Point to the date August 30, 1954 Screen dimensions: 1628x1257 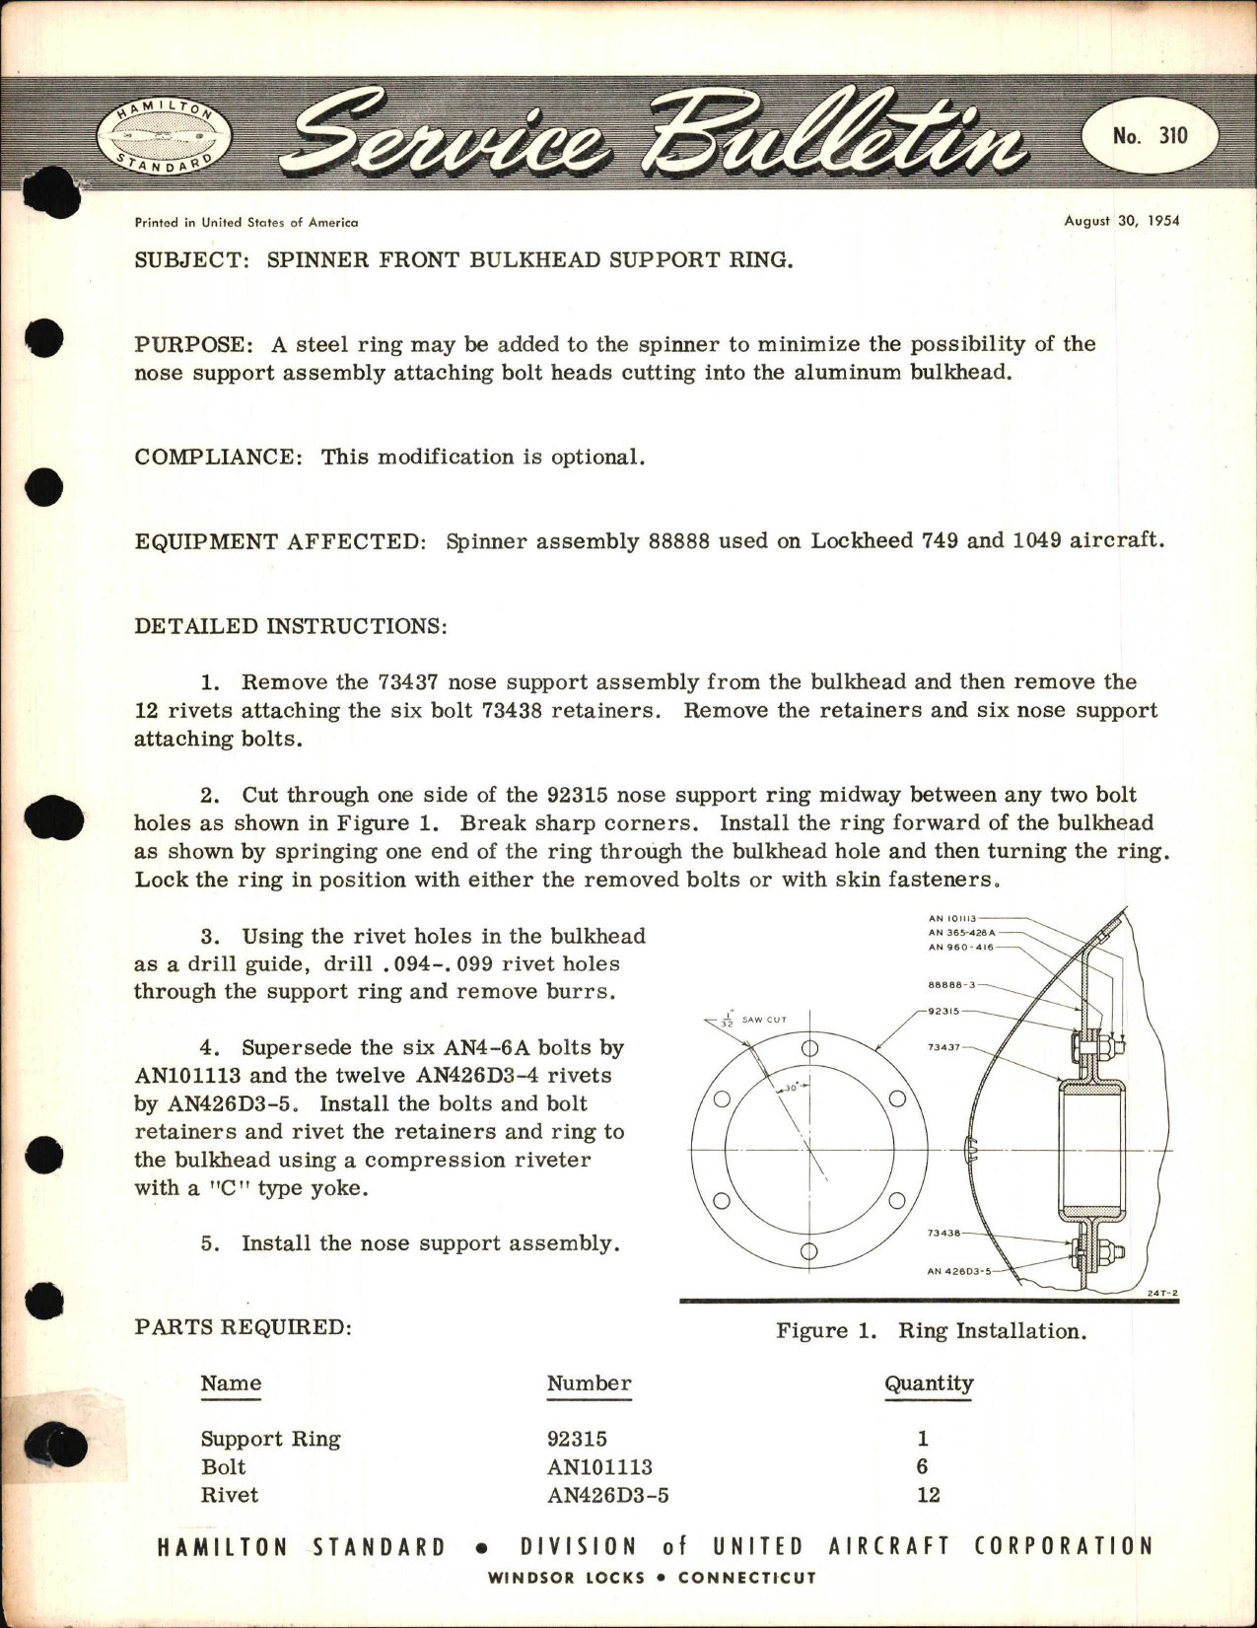point(1121,220)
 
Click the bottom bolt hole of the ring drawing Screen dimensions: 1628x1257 point(808,1252)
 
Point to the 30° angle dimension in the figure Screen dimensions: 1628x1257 point(788,1089)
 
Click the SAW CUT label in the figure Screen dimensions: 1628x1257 point(764,1019)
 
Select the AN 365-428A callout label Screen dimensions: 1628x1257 point(962,932)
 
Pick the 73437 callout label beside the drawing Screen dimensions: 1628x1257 point(944,1047)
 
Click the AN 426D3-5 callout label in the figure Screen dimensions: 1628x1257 point(958,1272)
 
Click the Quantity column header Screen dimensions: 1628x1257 point(928,1383)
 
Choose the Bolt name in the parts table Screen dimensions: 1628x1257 point(224,1467)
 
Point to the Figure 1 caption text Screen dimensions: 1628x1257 point(931,1331)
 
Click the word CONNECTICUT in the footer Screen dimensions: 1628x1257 point(747,1578)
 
